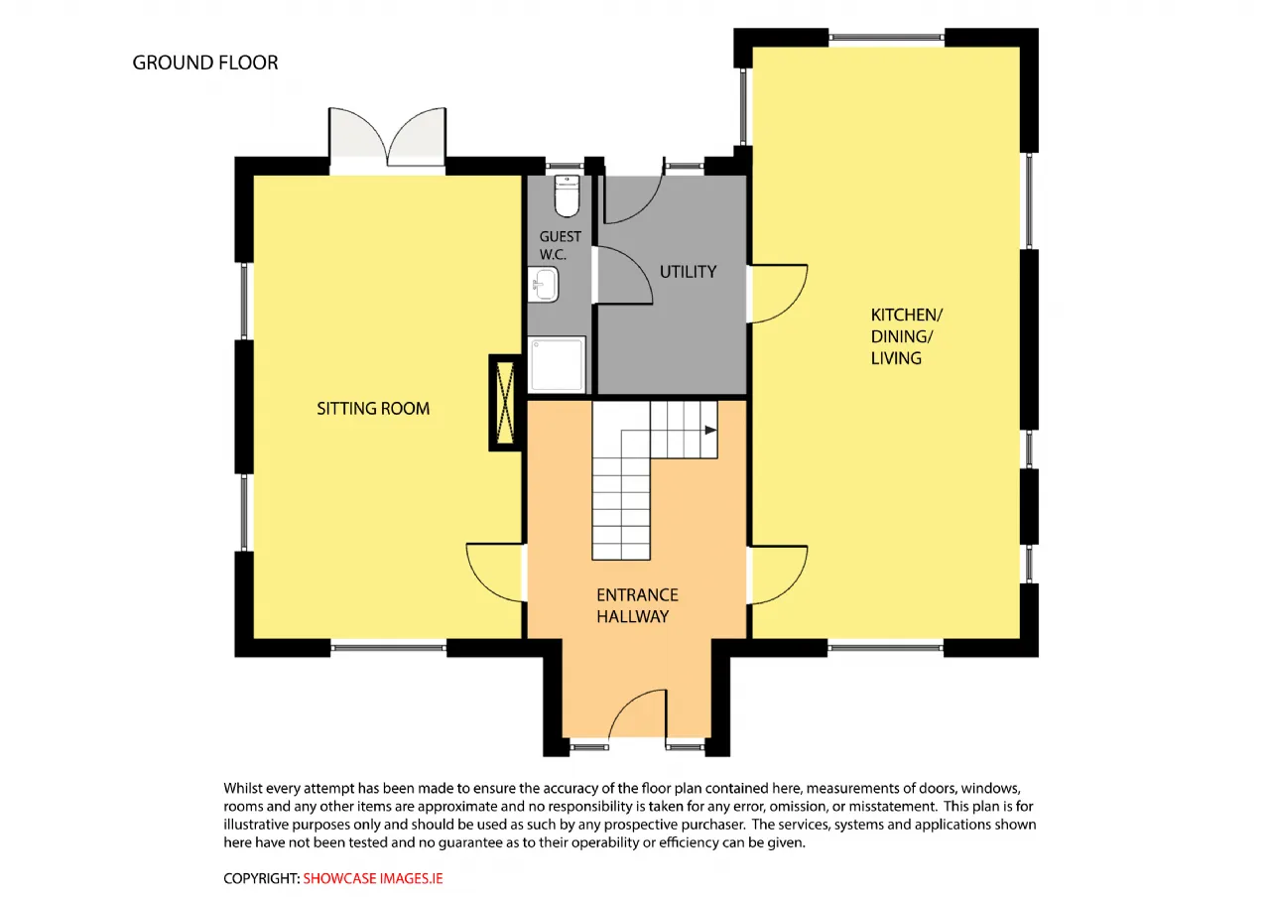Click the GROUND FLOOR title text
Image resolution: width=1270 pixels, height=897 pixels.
[x=205, y=63]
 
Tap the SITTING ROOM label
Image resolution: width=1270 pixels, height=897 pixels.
[x=373, y=408]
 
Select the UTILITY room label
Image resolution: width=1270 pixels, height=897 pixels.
[x=688, y=272]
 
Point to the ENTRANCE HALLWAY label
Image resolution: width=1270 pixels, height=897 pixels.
[x=637, y=605]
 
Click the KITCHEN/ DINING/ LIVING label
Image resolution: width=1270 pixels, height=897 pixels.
[x=906, y=336]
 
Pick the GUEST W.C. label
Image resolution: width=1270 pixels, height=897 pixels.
[x=560, y=245]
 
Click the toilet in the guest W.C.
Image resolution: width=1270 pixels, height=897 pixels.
[x=567, y=195]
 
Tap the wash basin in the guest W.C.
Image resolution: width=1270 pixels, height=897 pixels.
[x=543, y=284]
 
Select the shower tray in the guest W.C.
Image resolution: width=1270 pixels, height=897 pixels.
[x=557, y=364]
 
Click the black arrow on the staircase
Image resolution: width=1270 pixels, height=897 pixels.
[x=710, y=431]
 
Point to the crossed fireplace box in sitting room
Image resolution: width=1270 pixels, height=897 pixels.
[x=505, y=403]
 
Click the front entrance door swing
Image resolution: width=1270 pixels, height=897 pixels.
[x=638, y=713]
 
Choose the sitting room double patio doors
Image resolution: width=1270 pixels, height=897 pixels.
[x=387, y=136]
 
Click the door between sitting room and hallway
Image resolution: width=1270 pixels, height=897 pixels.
[x=494, y=573]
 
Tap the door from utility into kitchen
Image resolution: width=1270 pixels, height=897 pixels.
[x=779, y=293]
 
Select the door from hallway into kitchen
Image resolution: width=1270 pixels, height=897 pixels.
[x=779, y=575]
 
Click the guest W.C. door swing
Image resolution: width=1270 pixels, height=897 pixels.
[x=624, y=275]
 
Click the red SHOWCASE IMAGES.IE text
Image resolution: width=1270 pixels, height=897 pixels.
[x=373, y=878]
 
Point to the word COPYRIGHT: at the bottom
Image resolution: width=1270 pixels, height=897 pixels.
[x=261, y=878]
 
